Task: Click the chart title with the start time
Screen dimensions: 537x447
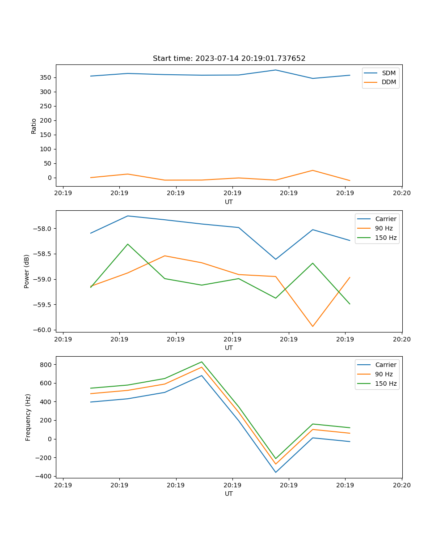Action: [x=229, y=59]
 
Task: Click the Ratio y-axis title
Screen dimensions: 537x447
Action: [x=34, y=126]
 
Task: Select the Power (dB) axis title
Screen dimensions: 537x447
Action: [x=27, y=271]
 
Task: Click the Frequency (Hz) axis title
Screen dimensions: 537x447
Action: [x=28, y=417]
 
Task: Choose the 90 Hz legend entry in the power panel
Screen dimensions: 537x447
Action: [x=384, y=228]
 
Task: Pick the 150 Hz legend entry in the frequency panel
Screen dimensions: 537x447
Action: [x=386, y=384]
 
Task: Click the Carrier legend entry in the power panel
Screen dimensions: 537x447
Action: [x=385, y=219]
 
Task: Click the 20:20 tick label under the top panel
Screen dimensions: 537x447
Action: [x=401, y=193]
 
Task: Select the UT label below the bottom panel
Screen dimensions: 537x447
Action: [x=229, y=494]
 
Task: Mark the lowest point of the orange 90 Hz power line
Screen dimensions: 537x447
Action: [x=312, y=326]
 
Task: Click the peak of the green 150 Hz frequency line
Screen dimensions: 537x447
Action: [x=202, y=362]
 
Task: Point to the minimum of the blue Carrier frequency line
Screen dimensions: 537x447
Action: [x=275, y=472]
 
